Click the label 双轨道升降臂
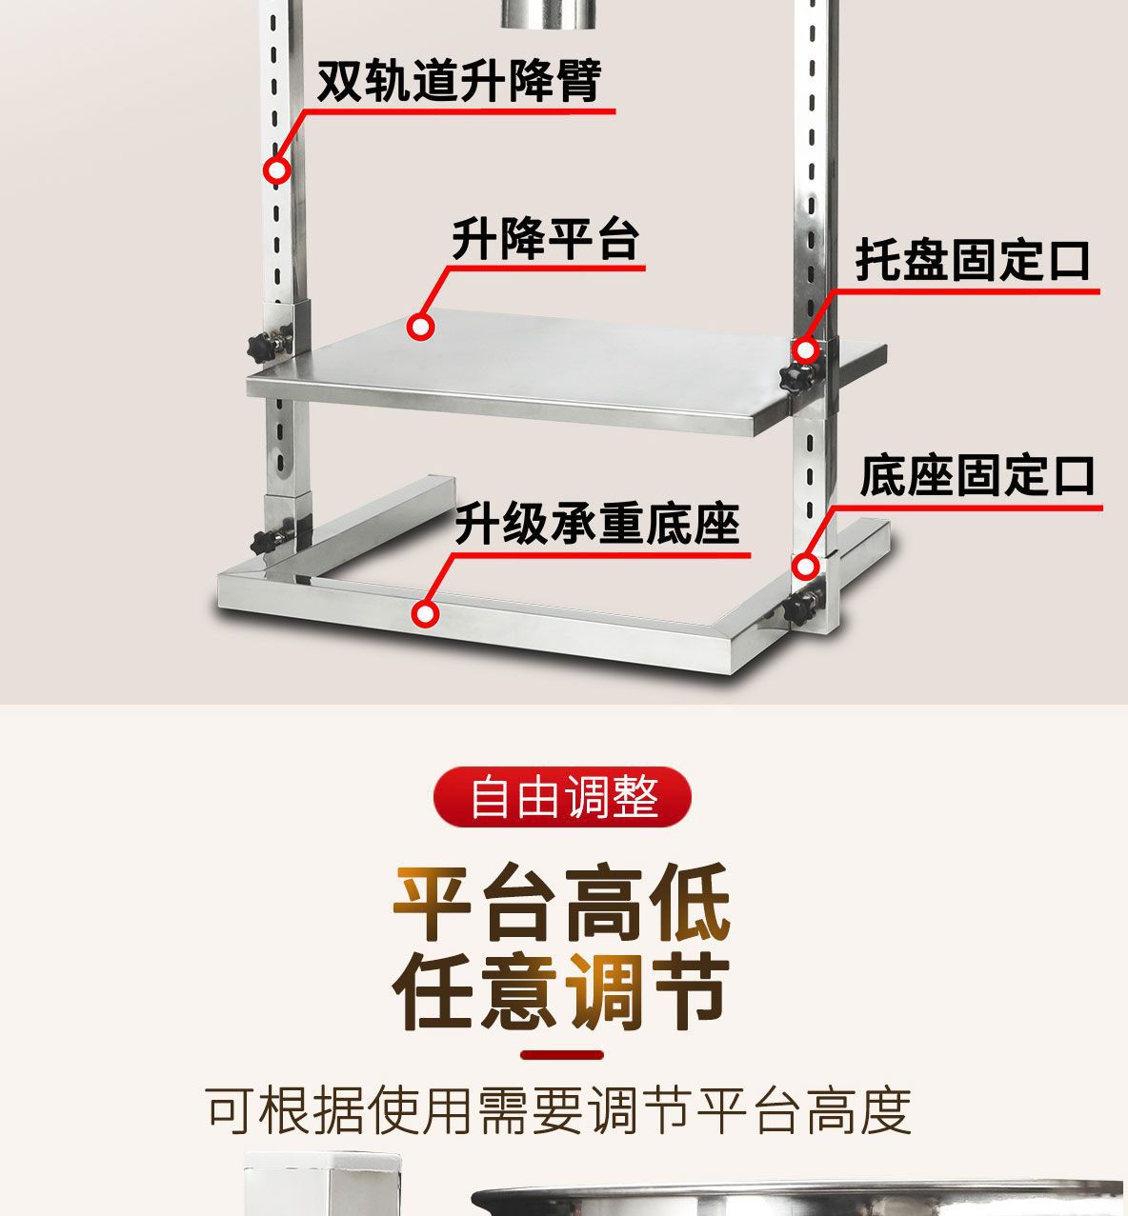point(458,80)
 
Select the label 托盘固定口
point(973,260)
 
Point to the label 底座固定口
point(977,476)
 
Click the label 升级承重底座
point(596,524)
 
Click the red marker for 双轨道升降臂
point(276,170)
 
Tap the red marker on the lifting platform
point(420,327)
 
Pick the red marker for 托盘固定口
point(806,350)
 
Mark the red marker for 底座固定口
point(806,567)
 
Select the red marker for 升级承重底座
point(426,613)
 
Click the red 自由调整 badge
point(563,796)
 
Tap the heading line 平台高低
point(563,902)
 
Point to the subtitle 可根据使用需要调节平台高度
point(559,1110)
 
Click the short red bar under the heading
point(562,1055)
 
